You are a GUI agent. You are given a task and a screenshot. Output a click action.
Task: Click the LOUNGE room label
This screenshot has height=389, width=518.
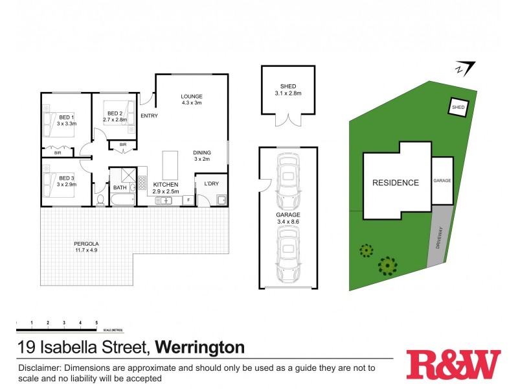[192, 97]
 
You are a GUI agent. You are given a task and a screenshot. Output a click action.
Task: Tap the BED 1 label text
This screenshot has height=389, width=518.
[67, 117]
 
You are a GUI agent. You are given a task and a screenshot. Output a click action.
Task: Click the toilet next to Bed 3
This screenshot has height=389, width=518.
[100, 200]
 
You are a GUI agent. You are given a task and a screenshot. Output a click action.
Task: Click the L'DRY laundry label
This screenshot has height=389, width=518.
[212, 184]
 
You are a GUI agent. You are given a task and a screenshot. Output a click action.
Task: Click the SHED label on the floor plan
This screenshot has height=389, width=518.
[287, 86]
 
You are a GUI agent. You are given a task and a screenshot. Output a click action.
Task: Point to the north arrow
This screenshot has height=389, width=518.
[465, 67]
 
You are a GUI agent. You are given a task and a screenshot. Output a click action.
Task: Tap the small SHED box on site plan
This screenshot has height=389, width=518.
[458, 107]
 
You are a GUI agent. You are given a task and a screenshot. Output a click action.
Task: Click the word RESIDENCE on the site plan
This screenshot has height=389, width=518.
[395, 183]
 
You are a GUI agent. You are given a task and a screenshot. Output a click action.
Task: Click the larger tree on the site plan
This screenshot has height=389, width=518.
[388, 265]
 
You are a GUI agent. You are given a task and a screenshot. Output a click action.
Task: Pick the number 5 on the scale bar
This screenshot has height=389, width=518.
[96, 322]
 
